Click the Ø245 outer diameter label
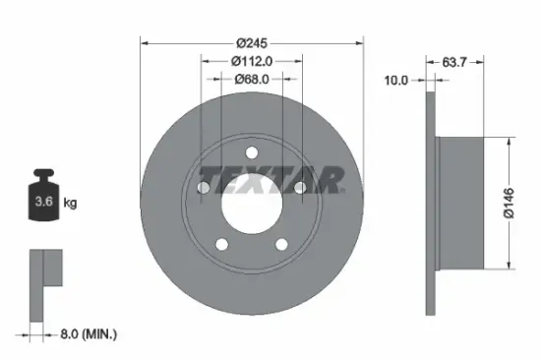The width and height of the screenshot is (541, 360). coord(251,43)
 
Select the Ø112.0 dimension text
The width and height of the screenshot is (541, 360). coord(251,61)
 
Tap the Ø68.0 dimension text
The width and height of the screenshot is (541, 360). coord(251,79)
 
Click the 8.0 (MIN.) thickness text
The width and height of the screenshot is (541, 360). coord(86,334)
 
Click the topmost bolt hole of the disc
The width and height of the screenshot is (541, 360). coord(251,152)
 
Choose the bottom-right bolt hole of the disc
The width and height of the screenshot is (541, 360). coord(281,245)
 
